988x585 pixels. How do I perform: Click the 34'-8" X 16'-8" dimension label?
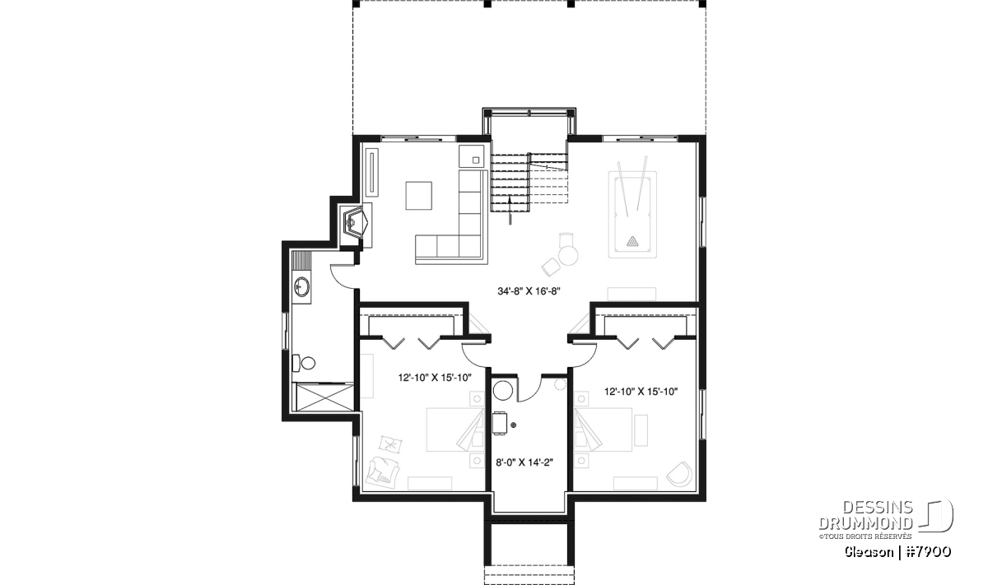[529, 291]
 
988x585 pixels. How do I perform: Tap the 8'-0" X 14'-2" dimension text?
[524, 462]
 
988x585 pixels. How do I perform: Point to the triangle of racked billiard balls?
[632, 241]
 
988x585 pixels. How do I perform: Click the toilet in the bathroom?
[304, 363]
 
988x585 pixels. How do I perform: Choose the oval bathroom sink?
[302, 286]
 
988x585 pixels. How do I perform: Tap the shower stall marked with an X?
[325, 398]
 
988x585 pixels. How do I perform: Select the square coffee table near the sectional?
[418, 195]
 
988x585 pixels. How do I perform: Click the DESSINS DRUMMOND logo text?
[866, 515]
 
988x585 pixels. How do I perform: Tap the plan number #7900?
[929, 552]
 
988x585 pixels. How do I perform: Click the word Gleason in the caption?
[869, 552]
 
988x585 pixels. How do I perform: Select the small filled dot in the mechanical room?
[514, 425]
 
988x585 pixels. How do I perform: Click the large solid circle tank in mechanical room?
[503, 391]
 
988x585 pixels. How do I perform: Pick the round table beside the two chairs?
[568, 255]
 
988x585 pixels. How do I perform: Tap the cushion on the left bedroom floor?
[390, 444]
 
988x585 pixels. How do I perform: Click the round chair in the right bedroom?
[680, 475]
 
